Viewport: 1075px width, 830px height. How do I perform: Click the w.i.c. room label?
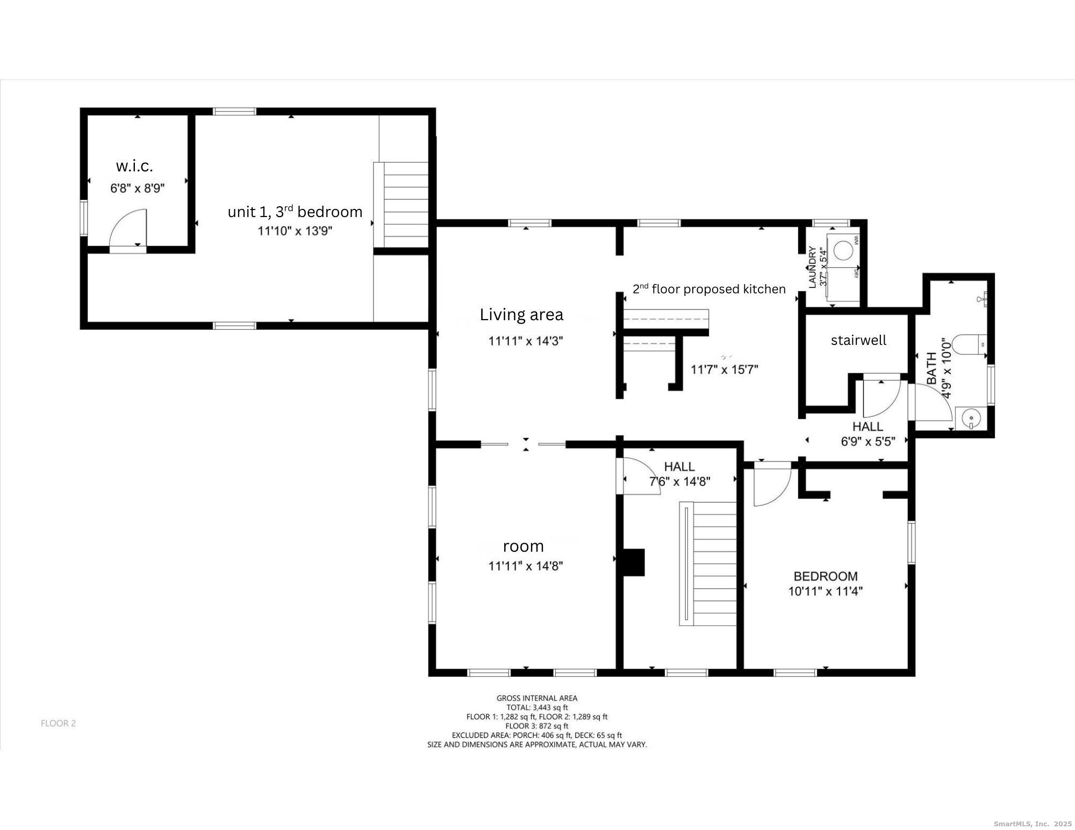pos(134,166)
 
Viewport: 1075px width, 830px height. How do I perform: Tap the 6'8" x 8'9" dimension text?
pos(137,188)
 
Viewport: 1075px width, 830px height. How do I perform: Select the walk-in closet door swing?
pos(127,228)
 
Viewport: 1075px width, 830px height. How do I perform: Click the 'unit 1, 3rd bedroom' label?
pos(295,211)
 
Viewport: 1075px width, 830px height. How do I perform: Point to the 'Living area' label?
pos(521,314)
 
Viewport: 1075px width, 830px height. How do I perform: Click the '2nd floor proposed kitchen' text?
pos(709,289)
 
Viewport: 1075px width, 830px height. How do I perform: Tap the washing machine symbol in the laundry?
pos(844,250)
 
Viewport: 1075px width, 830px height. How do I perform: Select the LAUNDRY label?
pos(812,268)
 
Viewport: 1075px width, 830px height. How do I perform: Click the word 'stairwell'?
pos(858,340)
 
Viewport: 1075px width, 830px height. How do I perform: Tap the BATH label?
pos(931,368)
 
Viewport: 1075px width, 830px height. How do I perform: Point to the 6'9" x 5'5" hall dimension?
pos(868,442)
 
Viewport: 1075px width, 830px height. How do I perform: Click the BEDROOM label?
pos(826,576)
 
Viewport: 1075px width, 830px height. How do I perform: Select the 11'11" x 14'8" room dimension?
pos(526,566)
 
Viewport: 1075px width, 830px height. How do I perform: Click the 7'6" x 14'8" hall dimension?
pos(680,481)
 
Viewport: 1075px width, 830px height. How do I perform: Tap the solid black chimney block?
pos(633,562)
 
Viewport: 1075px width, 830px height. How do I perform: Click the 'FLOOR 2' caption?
pos(58,723)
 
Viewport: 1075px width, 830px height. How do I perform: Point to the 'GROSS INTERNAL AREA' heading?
pos(537,698)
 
